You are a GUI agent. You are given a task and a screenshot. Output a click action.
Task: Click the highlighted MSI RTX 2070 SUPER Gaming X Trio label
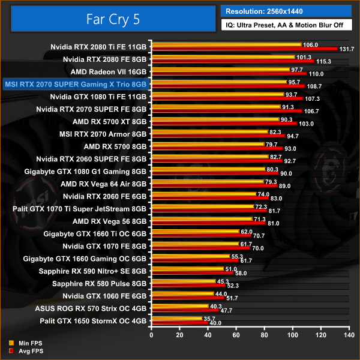click(x=76, y=84)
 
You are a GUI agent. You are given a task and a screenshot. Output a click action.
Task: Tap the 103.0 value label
click(x=307, y=124)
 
